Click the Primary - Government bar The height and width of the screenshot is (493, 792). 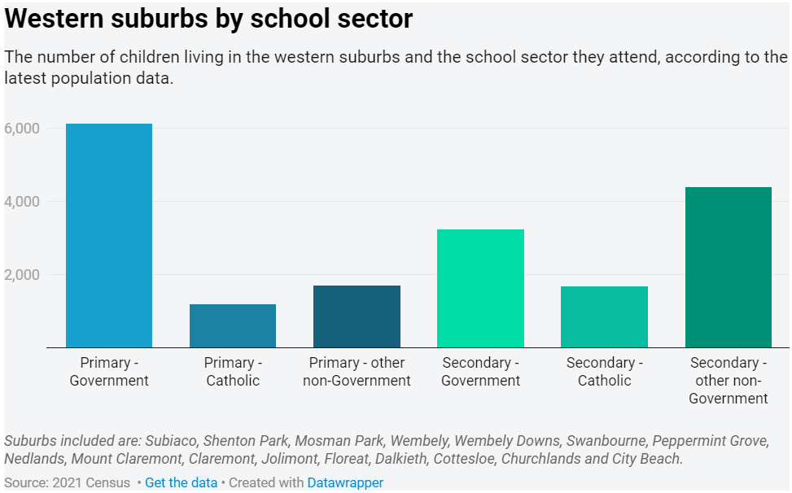[x=109, y=236]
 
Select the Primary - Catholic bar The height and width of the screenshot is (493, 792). [x=233, y=326]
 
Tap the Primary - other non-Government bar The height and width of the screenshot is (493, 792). [x=357, y=316]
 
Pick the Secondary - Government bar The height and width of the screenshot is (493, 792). [x=480, y=289]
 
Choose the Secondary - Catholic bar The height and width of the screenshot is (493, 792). [x=604, y=317]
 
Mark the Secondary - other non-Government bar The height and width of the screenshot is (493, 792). [x=728, y=268]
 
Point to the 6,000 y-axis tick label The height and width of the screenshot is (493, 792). [x=22, y=129]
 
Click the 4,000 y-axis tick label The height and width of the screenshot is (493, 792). [x=22, y=202]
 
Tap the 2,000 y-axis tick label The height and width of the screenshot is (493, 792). [x=22, y=275]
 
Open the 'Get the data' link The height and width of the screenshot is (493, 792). [x=181, y=482]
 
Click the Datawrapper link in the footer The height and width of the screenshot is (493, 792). [x=345, y=482]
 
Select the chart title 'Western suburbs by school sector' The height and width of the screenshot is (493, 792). [x=209, y=20]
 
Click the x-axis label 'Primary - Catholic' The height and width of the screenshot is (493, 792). [x=233, y=372]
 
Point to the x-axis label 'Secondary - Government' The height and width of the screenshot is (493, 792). [x=480, y=372]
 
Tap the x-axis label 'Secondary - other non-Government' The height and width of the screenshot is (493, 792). [x=728, y=381]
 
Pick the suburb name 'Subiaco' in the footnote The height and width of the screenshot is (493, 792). [x=171, y=441]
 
